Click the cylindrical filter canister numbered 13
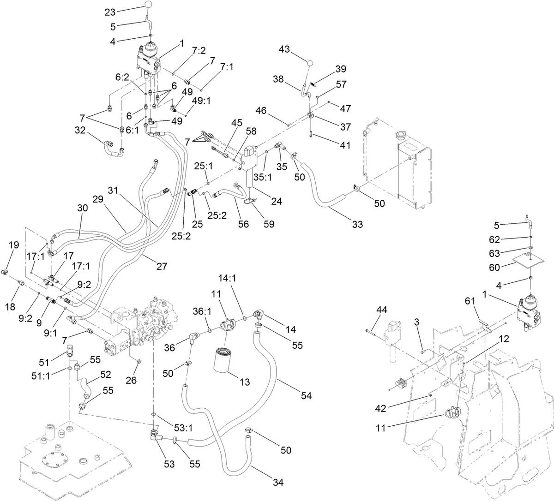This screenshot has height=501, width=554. (x=226, y=364)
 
